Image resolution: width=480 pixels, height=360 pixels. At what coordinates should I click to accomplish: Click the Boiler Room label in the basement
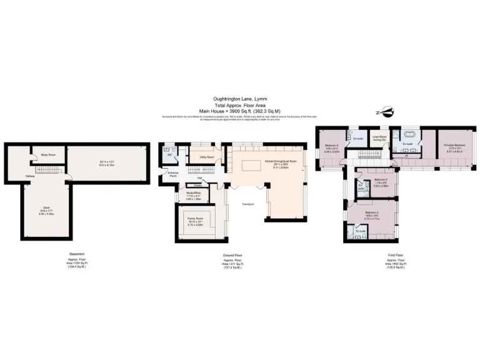49,154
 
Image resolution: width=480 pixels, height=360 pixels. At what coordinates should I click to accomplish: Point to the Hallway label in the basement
29,176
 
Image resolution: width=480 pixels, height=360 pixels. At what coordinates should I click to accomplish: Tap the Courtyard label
249,204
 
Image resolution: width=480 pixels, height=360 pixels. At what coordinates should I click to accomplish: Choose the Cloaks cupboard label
197,186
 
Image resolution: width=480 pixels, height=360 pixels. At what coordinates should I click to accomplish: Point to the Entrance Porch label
172,175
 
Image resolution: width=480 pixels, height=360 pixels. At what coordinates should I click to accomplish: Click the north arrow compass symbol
387,112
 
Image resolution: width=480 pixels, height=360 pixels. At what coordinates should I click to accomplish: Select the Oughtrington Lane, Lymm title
240,98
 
